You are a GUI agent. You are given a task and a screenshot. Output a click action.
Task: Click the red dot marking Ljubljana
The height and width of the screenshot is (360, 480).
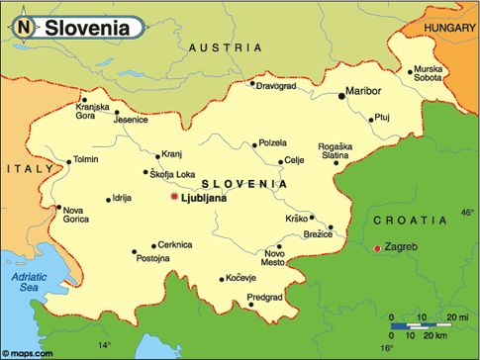(174, 198)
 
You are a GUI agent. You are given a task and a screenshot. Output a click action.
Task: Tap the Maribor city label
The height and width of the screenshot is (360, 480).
(363, 92)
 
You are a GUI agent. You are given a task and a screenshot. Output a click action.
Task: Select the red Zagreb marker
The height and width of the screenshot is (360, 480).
(376, 247)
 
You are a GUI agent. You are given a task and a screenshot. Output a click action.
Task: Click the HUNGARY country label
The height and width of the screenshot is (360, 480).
(449, 29)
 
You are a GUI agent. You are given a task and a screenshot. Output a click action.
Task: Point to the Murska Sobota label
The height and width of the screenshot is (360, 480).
(429, 73)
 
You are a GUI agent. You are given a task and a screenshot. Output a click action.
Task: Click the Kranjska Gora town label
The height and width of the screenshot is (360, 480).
(93, 111)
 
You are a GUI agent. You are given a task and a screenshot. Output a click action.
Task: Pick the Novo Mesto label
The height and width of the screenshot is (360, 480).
(273, 257)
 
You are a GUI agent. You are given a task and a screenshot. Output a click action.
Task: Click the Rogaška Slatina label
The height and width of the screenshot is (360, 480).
(334, 150)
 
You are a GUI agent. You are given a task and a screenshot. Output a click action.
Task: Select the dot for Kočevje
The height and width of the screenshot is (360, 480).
(224, 279)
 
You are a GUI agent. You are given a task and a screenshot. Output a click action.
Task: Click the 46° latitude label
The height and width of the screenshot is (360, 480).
(468, 213)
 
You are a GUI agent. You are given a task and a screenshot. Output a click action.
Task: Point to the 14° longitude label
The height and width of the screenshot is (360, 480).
(104, 346)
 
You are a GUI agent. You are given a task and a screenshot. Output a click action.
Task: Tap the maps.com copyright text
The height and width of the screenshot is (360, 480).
(27, 351)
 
